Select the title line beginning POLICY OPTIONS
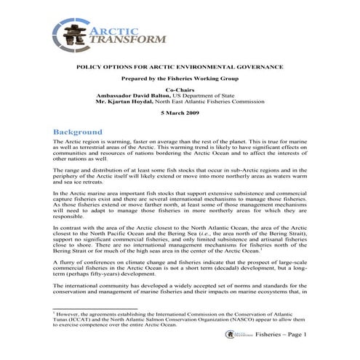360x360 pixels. pos(180,67)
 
